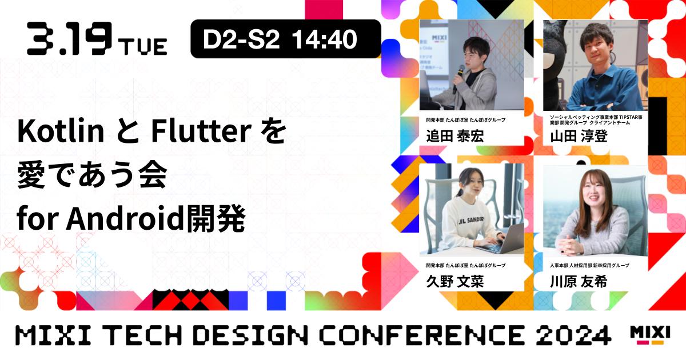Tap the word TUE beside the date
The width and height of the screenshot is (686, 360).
143,45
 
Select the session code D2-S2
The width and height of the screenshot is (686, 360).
241,39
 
